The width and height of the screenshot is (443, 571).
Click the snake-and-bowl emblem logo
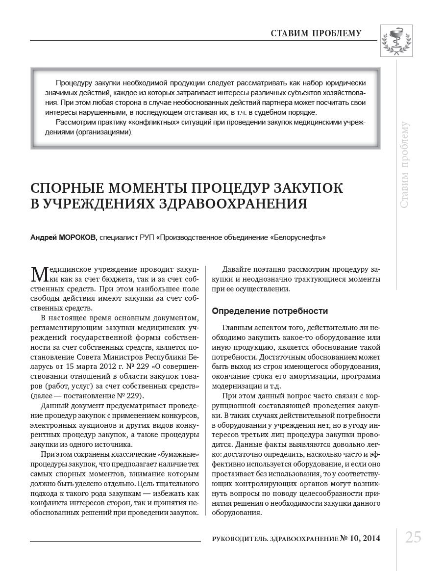(396, 41)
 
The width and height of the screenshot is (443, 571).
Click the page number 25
(413, 538)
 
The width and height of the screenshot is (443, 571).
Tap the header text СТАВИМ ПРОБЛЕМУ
(316, 33)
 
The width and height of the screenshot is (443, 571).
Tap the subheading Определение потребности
(270, 311)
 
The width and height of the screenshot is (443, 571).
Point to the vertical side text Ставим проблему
(405, 164)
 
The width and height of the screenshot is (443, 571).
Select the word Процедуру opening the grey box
(73, 83)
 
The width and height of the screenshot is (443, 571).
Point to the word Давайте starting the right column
(238, 269)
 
